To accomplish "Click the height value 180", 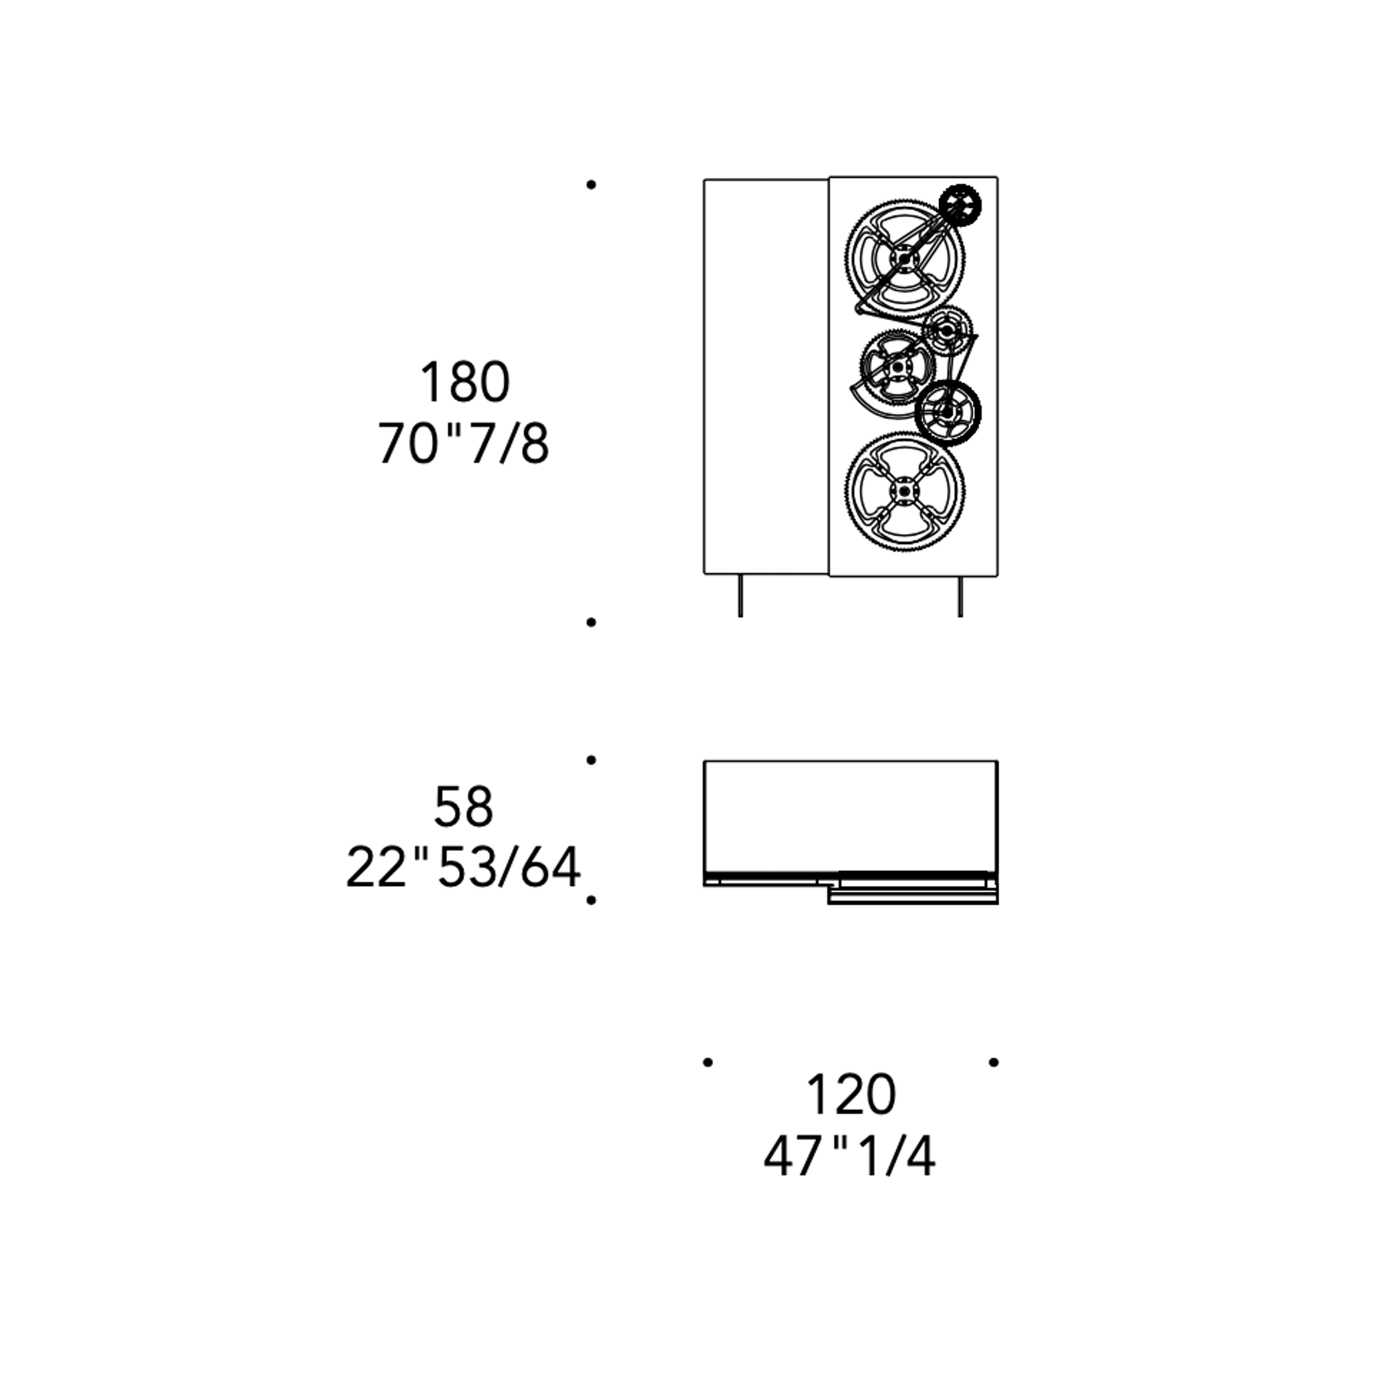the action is pos(464,382).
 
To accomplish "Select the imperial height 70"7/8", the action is pos(463,443).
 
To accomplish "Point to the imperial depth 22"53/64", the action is pos(462,868).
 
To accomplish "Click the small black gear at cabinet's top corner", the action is pos(960,205).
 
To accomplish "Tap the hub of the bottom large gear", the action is pos(904,492).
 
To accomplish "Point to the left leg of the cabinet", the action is pos(740,596).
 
